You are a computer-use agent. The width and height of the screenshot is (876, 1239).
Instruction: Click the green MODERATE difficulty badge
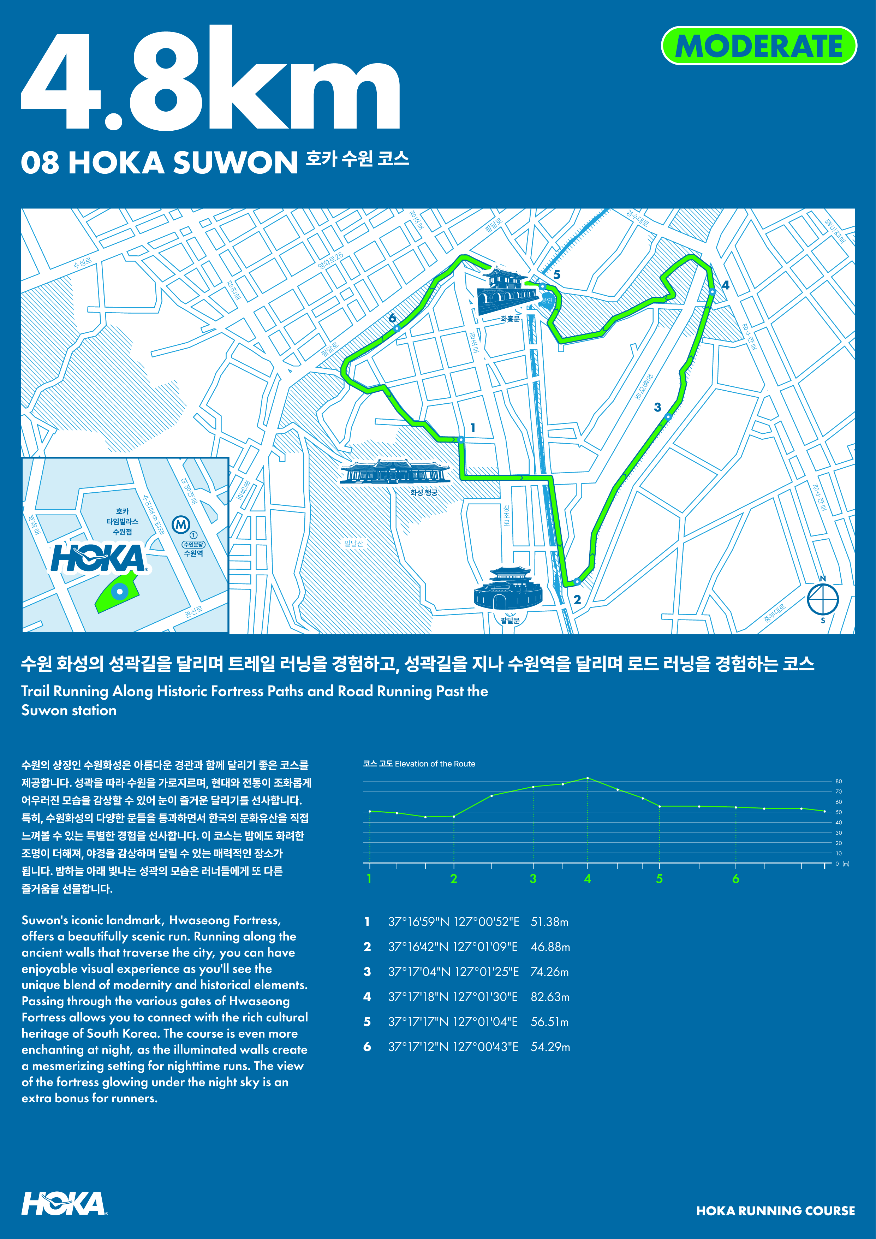758,46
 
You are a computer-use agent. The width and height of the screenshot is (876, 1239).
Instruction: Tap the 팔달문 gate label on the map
510,621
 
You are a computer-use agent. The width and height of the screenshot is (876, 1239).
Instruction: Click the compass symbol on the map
823,599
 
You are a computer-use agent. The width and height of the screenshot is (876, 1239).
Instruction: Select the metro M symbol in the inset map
181,524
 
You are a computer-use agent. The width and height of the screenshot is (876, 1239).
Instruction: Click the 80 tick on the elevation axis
838,781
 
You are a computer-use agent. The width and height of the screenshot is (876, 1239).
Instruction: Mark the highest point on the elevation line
588,778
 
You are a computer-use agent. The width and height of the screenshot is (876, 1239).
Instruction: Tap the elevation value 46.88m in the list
550,947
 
